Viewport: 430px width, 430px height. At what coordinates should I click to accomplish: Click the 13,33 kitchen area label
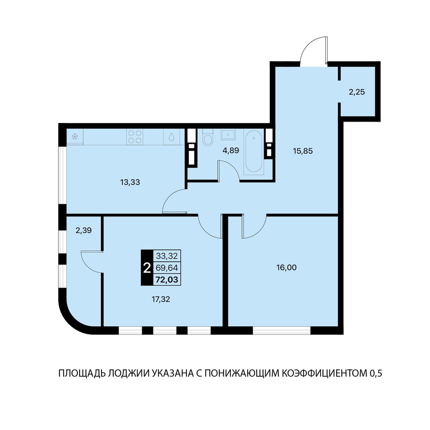click(x=130, y=182)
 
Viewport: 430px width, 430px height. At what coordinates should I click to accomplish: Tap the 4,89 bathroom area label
click(x=231, y=150)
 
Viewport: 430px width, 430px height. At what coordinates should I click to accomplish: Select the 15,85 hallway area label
click(x=303, y=151)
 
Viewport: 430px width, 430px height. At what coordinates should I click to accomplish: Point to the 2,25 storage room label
click(x=357, y=92)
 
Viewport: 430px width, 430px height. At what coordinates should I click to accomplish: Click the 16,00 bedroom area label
click(x=287, y=267)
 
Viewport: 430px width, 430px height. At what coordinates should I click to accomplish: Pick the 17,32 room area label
click(x=161, y=299)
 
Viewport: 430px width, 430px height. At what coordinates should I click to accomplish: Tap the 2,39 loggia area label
click(x=84, y=230)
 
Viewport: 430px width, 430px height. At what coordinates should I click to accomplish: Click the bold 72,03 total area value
click(x=167, y=279)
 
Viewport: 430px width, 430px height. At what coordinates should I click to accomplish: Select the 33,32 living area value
click(x=167, y=256)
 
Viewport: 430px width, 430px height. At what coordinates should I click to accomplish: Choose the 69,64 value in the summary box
click(x=167, y=268)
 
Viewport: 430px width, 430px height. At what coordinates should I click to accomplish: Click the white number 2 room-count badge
click(x=147, y=268)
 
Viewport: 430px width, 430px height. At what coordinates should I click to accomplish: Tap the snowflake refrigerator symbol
click(x=74, y=137)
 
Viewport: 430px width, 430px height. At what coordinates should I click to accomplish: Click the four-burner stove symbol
click(x=135, y=137)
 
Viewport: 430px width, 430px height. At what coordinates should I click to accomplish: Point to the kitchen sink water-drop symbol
click(x=171, y=137)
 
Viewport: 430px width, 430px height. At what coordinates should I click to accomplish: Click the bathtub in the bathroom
click(x=254, y=152)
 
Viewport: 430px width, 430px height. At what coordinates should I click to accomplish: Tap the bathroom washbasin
click(x=228, y=135)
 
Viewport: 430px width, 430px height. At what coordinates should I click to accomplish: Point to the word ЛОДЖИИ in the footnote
click(x=128, y=373)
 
